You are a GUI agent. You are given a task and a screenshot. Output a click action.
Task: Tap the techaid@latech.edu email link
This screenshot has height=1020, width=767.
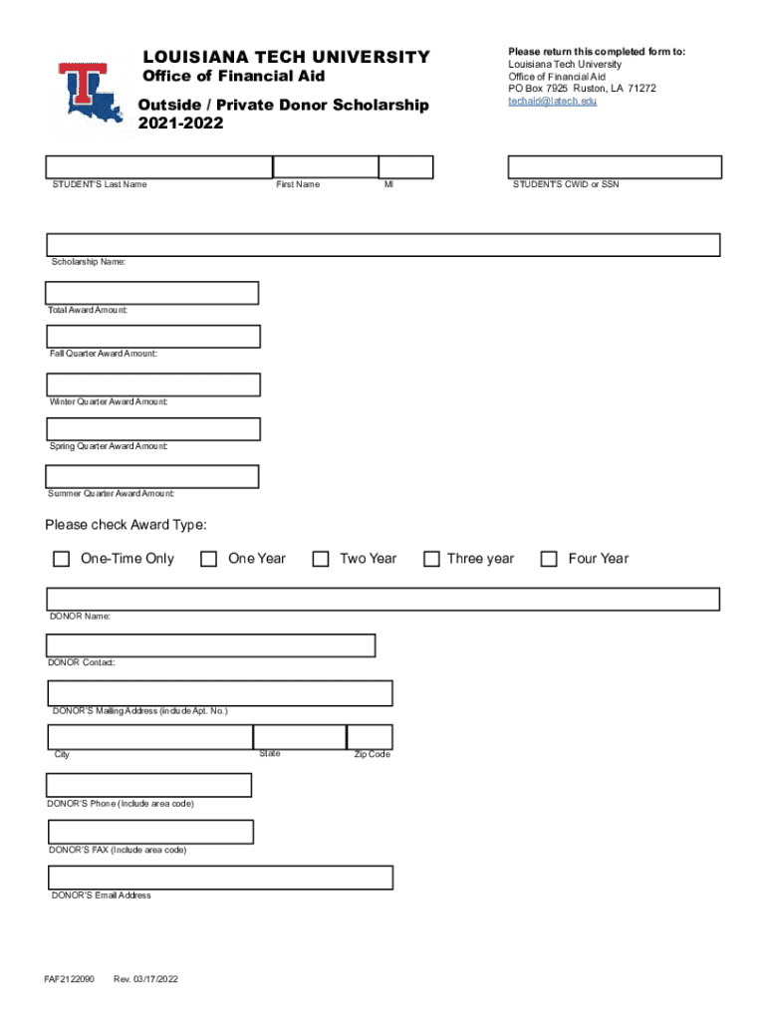pos(553,102)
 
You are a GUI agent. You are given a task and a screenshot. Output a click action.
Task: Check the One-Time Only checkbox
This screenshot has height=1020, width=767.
pos(61,559)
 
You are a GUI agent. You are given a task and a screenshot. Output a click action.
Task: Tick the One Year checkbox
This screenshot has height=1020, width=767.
pos(208,559)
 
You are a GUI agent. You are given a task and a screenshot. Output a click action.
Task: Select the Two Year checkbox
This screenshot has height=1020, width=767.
pos(321,559)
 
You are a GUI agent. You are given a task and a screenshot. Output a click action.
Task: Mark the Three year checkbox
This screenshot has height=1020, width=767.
pos(431,559)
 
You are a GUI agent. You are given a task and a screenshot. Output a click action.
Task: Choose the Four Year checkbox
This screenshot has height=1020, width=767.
pos(549,559)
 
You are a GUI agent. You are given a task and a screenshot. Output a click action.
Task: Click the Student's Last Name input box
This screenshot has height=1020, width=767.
pos(159,166)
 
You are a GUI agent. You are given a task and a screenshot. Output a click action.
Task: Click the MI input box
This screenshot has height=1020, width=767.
pos(406,166)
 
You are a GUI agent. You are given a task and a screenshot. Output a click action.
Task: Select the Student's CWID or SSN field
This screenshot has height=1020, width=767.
pos(615,166)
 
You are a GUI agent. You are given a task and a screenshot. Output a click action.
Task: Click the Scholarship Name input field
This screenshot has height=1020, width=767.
pos(383,245)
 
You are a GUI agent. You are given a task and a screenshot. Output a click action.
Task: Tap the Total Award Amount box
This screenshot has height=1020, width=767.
pos(152,293)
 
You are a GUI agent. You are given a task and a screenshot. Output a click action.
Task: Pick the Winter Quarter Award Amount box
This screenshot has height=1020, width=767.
pos(153,384)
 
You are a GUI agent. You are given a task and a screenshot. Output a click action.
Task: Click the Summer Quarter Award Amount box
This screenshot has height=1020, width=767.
pos(152,477)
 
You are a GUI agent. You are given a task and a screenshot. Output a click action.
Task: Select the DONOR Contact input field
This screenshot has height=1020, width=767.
pos(211,645)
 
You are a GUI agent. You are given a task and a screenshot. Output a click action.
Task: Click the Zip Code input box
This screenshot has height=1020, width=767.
pos(369,737)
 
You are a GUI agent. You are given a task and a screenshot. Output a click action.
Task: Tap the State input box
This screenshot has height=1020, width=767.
pos(299,737)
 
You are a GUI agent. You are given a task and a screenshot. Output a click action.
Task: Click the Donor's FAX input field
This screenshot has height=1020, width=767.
pos(150,832)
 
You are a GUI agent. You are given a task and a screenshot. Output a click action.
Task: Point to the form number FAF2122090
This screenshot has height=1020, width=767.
pos(69,979)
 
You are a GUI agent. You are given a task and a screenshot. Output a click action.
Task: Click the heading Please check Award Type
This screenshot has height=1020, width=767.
pos(126,526)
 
